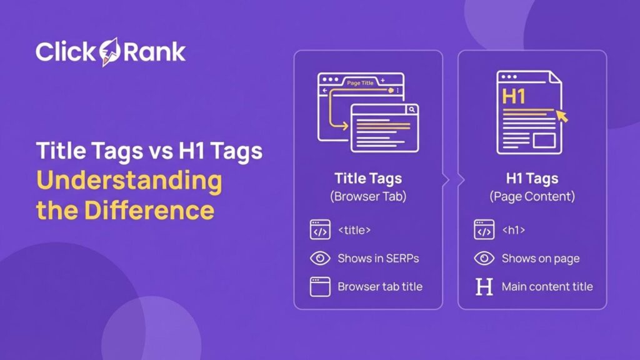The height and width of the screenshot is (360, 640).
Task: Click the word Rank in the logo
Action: pos(154,52)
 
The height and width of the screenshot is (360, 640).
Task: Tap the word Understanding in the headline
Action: pos(129,181)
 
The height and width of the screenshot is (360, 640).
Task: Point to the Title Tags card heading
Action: pos(368,178)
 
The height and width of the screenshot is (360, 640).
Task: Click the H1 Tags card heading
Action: pos(532,178)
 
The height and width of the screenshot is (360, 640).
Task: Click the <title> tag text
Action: pos(354,230)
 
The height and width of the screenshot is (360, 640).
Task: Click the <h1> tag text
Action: pos(513,230)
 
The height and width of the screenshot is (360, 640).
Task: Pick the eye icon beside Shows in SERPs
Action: pos(320,258)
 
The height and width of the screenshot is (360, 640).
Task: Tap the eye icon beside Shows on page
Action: pos(484,258)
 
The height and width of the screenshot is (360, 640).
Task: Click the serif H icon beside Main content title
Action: pos(484,287)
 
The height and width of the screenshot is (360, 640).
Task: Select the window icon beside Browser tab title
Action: pos(320,287)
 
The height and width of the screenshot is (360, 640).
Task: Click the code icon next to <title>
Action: pos(320,230)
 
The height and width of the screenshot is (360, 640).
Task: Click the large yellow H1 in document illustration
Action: pos(514,97)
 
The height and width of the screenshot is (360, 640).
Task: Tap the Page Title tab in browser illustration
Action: pos(360,82)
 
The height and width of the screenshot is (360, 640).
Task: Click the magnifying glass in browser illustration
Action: pos(411,109)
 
